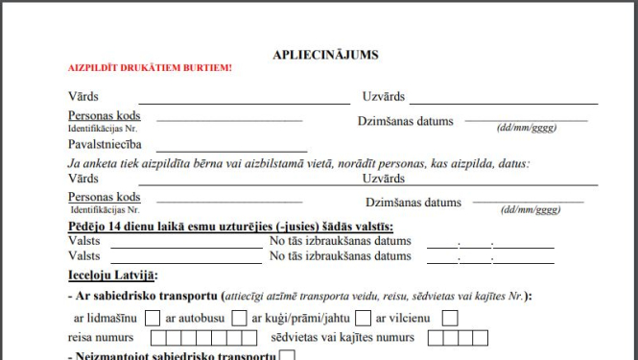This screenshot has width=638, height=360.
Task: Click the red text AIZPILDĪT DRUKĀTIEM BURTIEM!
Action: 150,69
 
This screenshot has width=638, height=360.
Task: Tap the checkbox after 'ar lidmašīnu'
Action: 153,318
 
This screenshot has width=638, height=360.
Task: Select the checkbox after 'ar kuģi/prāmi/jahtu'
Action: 363,318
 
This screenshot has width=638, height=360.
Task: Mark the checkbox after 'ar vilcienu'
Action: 450,318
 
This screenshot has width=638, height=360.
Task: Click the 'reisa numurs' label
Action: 101,338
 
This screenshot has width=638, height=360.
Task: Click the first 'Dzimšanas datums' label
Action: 404,122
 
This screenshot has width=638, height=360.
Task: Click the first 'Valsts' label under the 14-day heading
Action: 83,242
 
